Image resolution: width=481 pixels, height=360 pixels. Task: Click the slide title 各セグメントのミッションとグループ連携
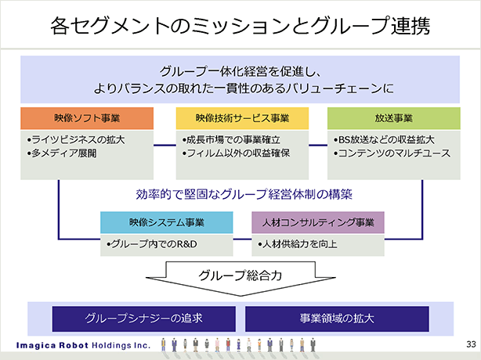click(240, 26)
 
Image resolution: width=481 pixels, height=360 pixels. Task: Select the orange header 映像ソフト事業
click(87, 118)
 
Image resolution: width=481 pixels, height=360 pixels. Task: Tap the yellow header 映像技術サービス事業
click(242, 118)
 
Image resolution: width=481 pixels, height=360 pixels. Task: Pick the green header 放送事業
click(393, 118)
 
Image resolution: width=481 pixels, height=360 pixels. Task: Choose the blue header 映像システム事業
click(167, 222)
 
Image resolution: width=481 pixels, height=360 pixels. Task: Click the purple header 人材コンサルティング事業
click(318, 222)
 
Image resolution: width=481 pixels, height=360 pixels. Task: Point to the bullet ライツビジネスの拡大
click(76, 140)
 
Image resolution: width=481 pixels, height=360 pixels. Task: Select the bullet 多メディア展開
click(62, 153)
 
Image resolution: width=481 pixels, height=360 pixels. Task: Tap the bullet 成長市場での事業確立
click(231, 140)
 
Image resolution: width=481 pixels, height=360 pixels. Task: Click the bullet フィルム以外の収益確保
click(236, 153)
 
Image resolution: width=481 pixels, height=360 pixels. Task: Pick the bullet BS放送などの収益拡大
click(384, 140)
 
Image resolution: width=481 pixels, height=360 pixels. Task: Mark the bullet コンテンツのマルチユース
click(392, 153)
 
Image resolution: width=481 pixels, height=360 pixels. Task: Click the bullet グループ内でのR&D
click(152, 244)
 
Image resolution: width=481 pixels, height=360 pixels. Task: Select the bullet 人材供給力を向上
click(298, 244)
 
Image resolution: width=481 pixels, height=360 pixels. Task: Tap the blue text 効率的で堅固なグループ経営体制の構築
click(244, 194)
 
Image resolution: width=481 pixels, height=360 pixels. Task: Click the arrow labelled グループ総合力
click(240, 275)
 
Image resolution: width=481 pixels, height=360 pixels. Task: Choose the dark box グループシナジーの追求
click(144, 319)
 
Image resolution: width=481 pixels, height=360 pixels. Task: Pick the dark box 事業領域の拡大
click(337, 319)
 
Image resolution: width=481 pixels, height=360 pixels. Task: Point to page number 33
click(471, 344)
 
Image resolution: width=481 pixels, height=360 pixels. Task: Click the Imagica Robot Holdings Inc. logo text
click(83, 346)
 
